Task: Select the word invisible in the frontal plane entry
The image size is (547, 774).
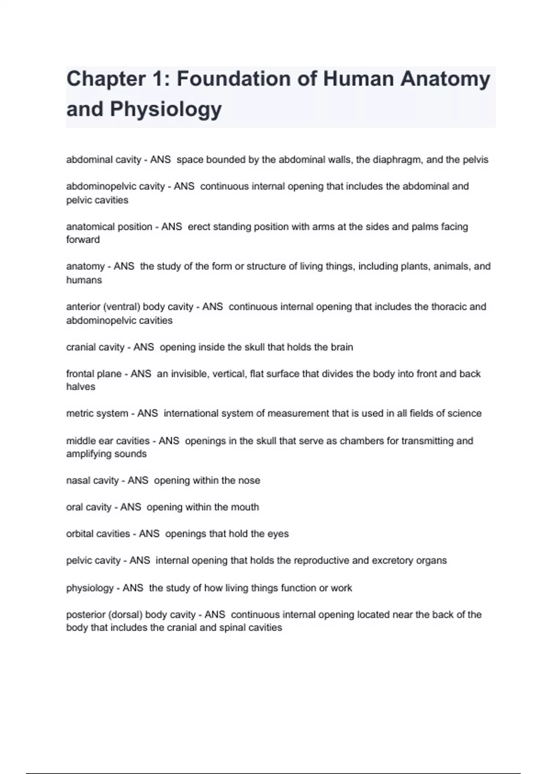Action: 188,374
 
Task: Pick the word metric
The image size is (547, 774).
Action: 78,413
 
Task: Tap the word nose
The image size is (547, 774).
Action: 250,481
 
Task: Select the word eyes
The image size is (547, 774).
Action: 278,534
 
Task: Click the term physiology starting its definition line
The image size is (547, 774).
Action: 90,588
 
